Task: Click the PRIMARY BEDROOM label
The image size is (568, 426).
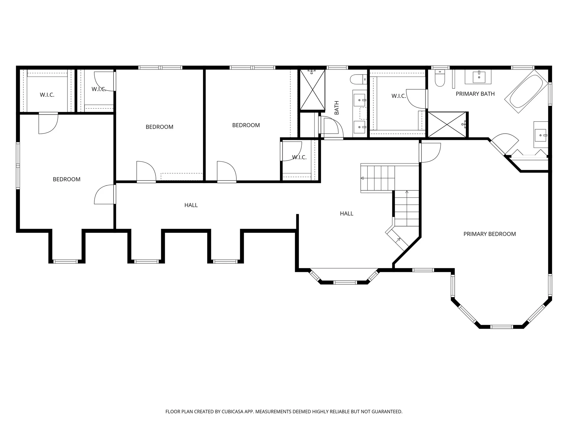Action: point(489,234)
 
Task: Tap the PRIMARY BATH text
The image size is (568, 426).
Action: point(475,94)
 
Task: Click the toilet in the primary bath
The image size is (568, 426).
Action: point(440,79)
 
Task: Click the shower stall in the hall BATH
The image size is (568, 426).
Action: point(312,90)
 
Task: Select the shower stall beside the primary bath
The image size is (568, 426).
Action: point(447,125)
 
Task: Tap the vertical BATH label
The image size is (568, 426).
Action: point(337,108)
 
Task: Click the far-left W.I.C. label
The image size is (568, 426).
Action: point(47,95)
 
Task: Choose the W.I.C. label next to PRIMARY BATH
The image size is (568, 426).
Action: point(398,96)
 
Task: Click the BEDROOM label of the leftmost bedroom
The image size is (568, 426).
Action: point(67,179)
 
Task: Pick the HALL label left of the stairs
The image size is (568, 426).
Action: point(346,214)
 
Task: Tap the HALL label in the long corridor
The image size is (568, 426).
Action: point(191,205)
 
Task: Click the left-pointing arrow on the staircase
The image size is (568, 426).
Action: point(362,178)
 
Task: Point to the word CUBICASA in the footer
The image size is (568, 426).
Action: point(235,412)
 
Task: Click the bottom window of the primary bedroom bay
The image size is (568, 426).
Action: point(501,327)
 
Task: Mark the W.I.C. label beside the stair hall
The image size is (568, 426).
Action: point(299,157)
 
